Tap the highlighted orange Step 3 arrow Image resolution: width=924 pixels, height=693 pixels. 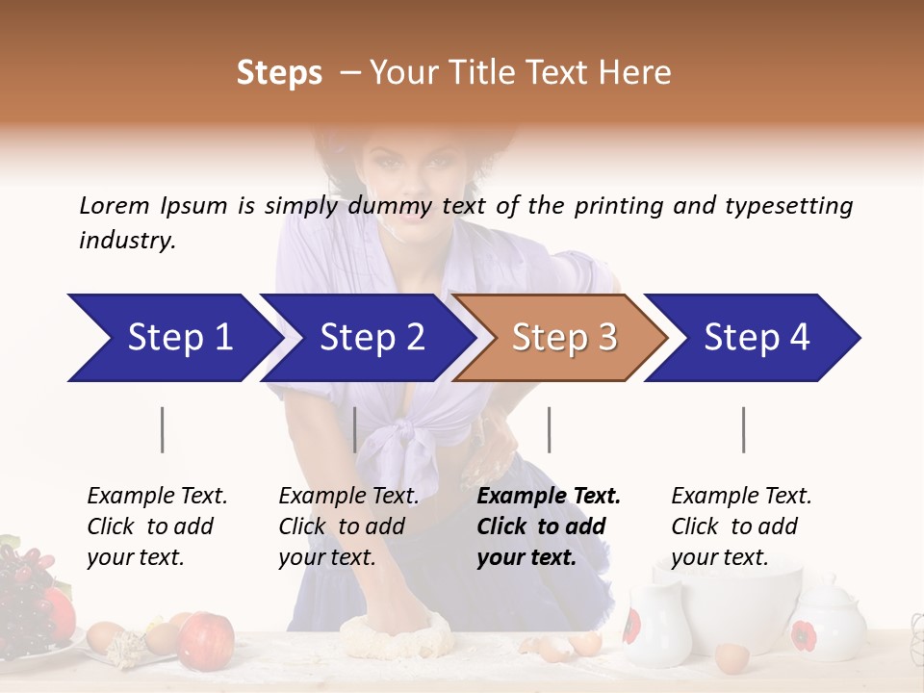point(563,338)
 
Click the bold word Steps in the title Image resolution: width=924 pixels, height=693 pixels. point(279,72)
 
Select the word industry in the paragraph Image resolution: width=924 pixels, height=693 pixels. point(127,240)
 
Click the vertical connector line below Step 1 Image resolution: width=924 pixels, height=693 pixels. point(163,429)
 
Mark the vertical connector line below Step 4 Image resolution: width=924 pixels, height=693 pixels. point(744,429)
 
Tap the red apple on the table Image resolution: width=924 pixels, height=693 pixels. point(206,638)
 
